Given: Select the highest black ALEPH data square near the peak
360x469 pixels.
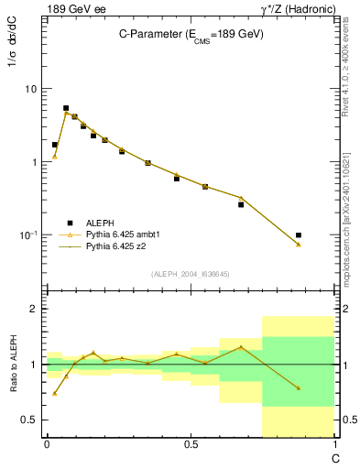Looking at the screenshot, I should [66, 108].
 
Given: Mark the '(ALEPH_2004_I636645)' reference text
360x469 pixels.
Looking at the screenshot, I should [191, 273].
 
